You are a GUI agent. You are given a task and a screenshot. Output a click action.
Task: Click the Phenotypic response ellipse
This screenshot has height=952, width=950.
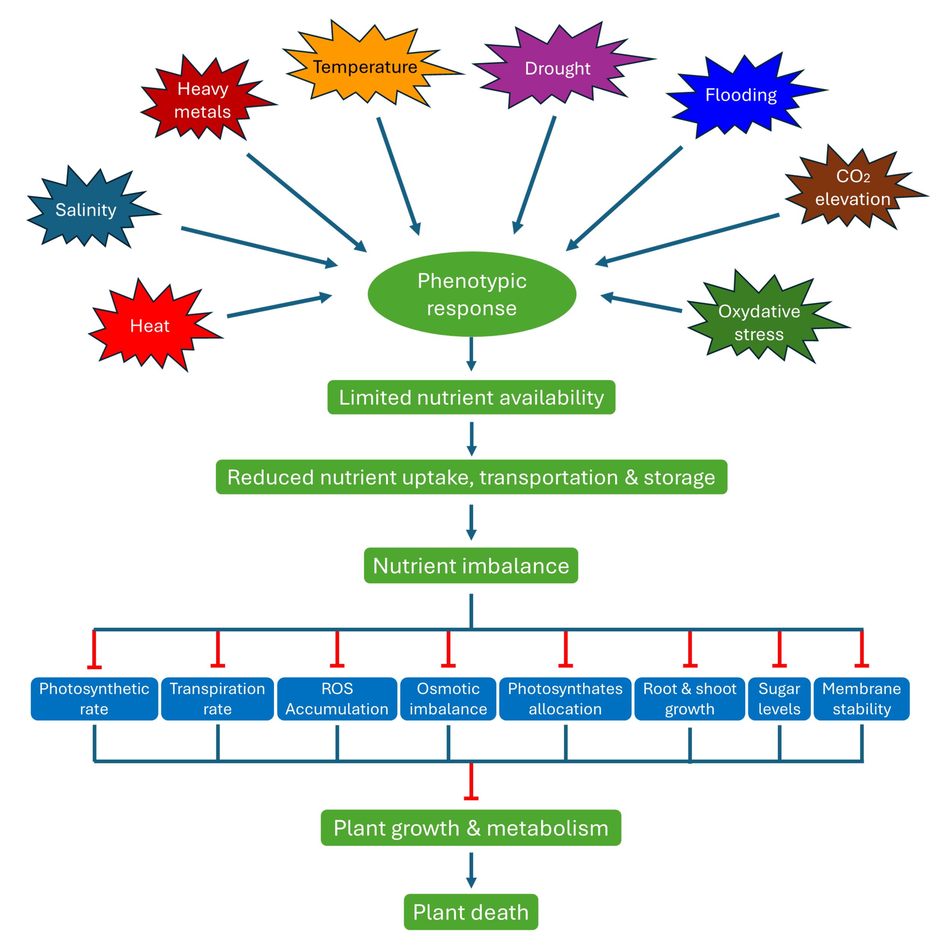coord(472,294)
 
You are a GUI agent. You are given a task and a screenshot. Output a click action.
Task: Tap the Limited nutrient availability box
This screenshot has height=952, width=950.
coord(471,397)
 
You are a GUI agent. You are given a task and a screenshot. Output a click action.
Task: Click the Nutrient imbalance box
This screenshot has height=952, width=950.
coord(471,565)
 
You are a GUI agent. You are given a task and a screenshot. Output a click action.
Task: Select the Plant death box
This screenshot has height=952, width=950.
coord(471,912)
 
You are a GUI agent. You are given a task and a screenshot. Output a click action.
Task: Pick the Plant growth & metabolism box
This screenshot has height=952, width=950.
coord(471,828)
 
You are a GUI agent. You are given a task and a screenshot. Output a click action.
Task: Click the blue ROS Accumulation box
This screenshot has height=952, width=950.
coord(337,699)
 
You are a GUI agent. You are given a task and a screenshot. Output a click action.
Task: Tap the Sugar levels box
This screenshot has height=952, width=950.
coord(779,699)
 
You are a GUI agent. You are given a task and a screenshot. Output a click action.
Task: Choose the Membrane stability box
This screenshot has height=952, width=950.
coord(862,699)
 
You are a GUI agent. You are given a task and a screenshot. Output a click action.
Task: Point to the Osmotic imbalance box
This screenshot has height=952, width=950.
coord(448,699)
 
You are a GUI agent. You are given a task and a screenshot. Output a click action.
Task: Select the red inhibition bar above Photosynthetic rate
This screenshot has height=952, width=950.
coord(94,649)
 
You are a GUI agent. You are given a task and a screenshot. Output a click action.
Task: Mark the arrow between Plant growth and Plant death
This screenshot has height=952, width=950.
coord(471,871)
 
